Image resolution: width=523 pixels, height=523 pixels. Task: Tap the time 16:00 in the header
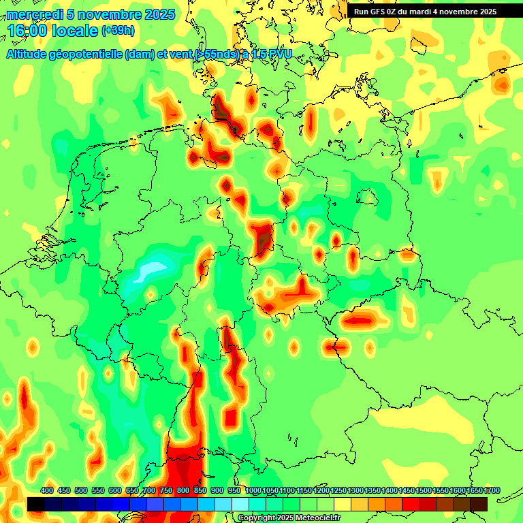pos(25,31)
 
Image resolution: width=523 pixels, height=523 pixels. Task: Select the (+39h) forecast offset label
pos(118,31)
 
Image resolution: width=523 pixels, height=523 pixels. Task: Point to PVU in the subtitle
pos(278,54)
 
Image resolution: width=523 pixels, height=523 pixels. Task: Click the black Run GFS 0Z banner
pos(425,12)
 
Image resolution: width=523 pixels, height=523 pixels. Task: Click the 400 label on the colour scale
pos(47,491)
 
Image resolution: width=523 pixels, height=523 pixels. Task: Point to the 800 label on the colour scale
pos(183,491)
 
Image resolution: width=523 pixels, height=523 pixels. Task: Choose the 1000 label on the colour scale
pos(253,491)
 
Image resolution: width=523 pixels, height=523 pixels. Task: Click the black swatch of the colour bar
pos(36,504)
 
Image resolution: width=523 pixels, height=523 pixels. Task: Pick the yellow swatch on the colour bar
pos(343,504)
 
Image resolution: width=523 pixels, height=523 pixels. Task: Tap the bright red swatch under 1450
pos(411,504)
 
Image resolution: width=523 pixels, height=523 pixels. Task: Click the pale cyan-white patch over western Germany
pos(151,270)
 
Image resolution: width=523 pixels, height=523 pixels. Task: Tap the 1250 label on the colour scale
pos(338,491)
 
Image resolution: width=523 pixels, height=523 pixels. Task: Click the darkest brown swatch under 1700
pos(479,504)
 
